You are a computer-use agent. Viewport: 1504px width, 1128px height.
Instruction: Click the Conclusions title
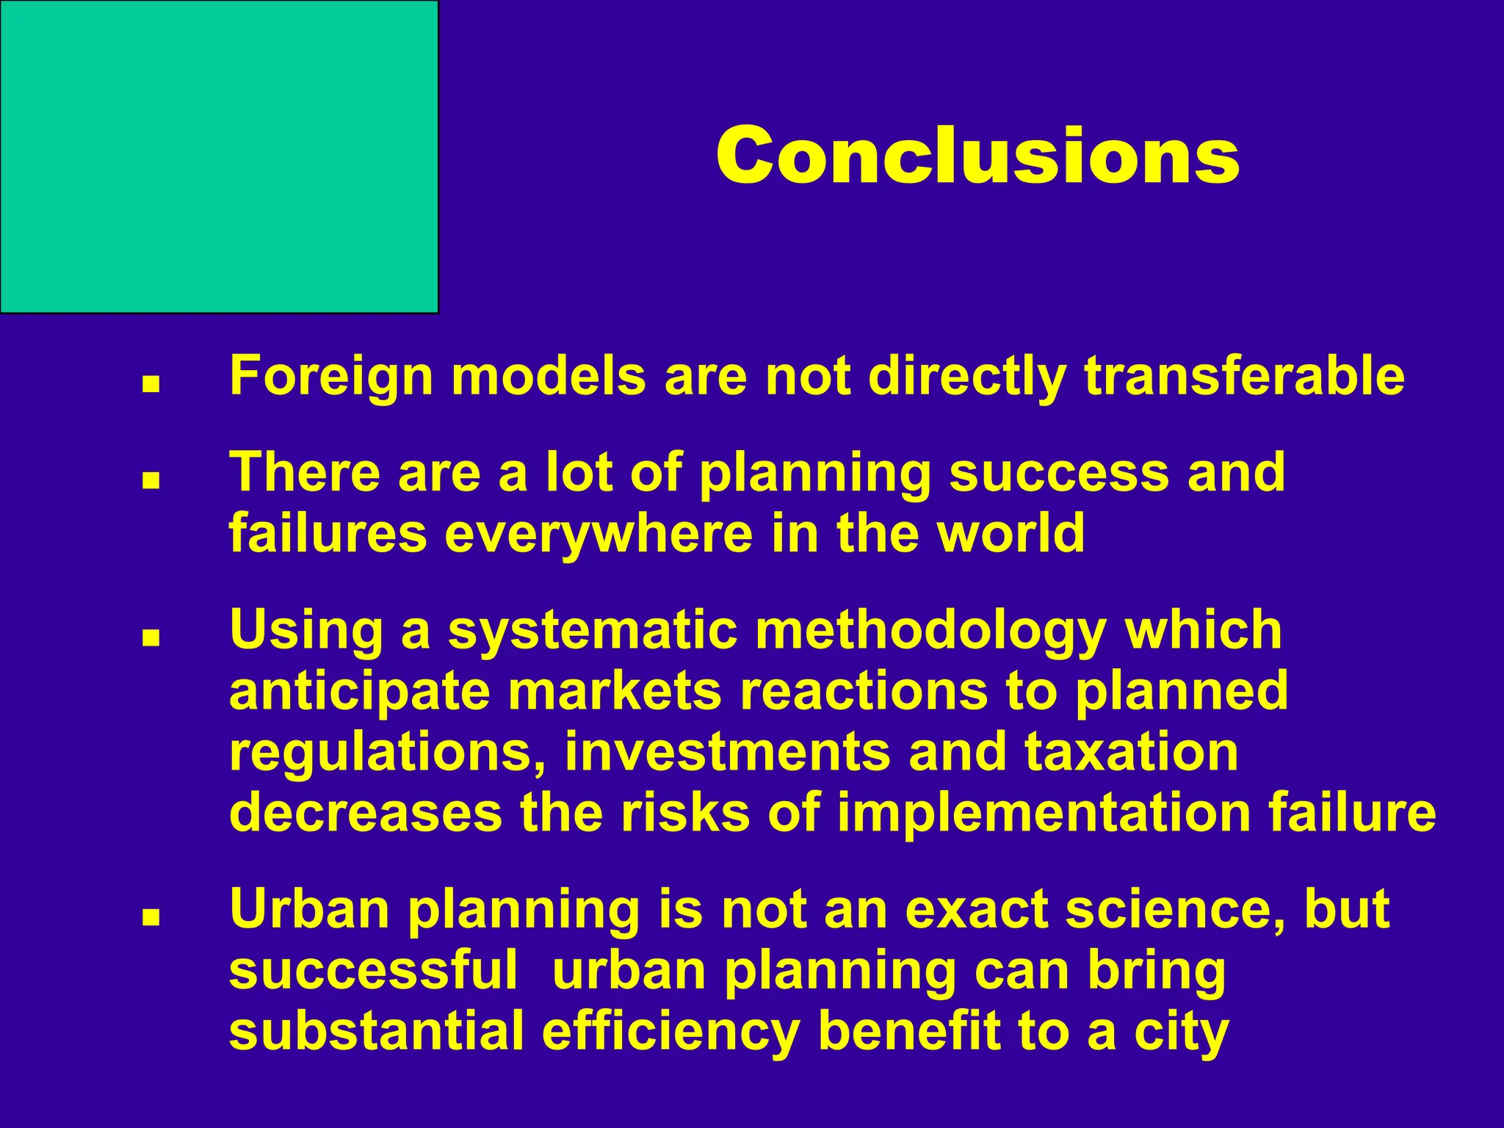coord(977,156)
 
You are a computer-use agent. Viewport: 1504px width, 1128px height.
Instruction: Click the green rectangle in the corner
coord(219,156)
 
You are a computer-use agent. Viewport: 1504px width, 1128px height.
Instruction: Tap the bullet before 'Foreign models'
coord(151,384)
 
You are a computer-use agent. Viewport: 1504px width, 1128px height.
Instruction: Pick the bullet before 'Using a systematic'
coord(151,638)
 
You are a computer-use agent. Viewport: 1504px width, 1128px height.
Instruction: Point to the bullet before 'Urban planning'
coord(151,917)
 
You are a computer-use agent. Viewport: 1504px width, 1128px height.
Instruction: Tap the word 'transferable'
coord(1243,376)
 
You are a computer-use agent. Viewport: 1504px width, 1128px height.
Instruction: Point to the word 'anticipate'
coord(359,692)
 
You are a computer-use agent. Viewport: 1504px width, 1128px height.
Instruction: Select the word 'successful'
coord(374,970)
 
